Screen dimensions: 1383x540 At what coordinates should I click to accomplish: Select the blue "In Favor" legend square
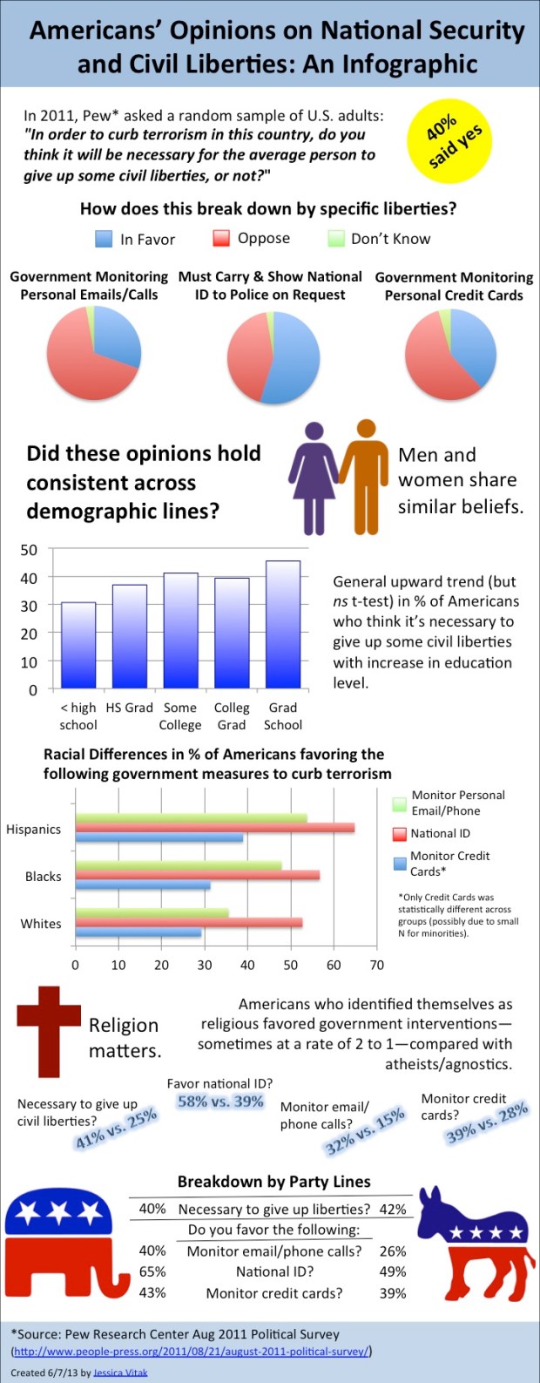[104, 239]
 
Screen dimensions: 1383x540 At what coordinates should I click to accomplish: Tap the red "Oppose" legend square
[221, 239]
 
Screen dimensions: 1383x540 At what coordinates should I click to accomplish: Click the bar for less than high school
[78, 646]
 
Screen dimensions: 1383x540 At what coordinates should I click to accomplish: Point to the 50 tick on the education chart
[30, 550]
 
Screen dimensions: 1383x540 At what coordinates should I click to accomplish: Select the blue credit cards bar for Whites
[138, 932]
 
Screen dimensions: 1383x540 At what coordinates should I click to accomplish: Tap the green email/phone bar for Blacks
[179, 865]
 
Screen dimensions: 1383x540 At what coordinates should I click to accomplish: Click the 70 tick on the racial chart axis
[376, 965]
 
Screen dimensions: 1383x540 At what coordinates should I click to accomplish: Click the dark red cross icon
[49, 1031]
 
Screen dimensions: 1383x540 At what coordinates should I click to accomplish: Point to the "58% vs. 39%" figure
[220, 1102]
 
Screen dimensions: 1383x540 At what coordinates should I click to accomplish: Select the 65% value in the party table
[152, 1271]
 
